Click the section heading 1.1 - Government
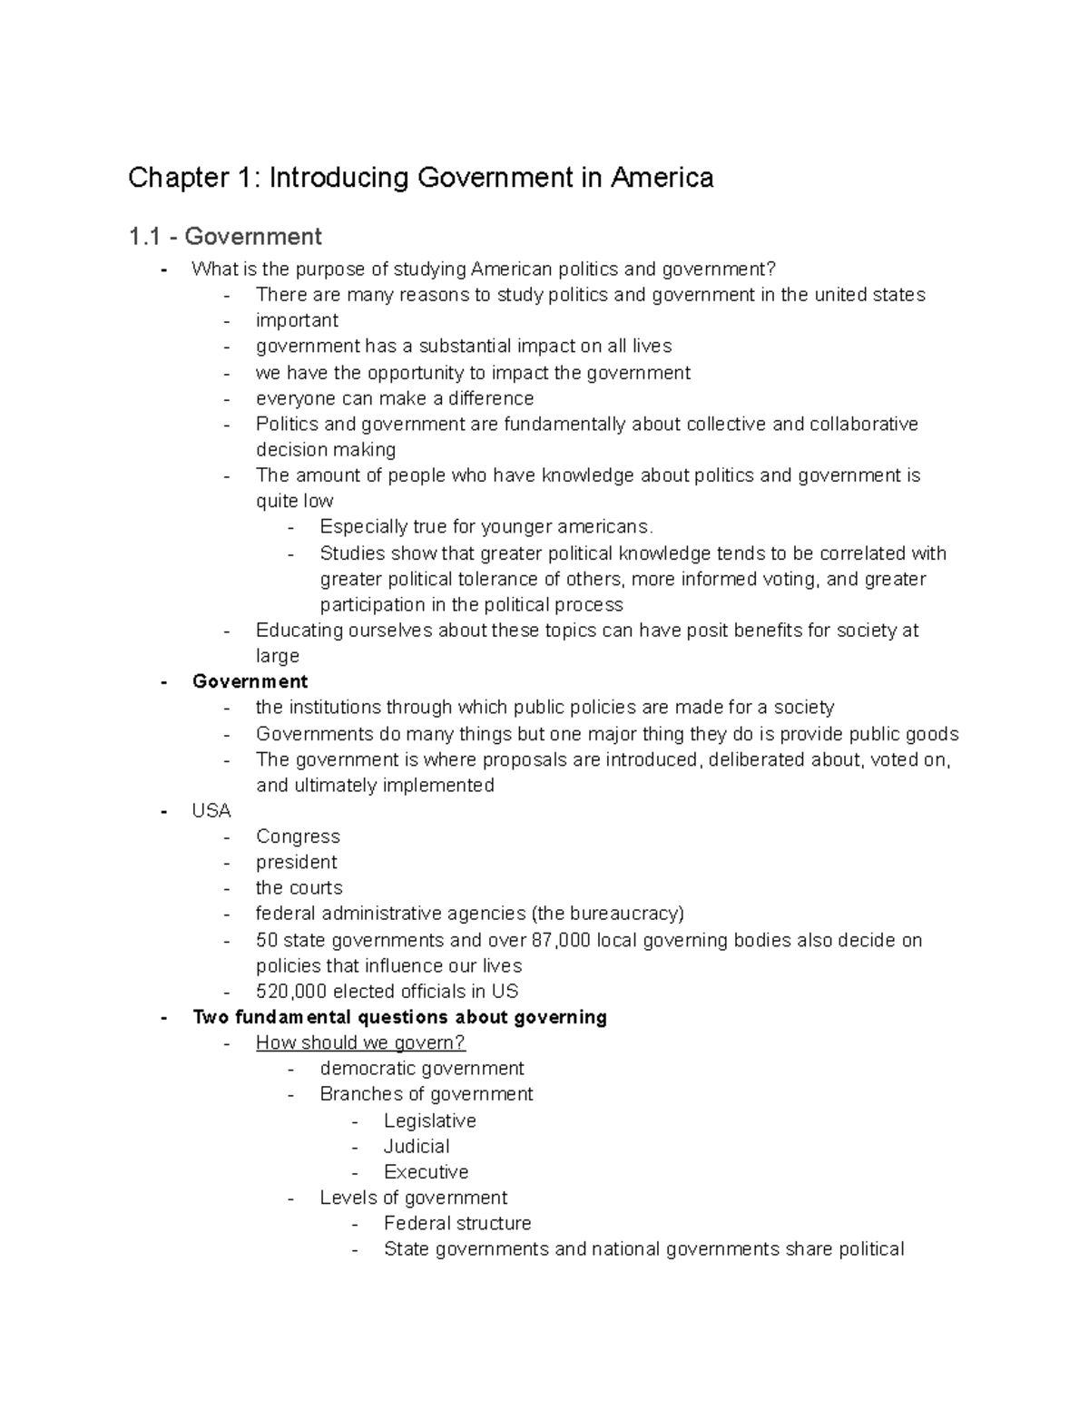[225, 237]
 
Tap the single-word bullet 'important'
[297, 320]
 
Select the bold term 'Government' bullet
[250, 681]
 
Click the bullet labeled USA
[211, 810]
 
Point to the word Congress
[298, 837]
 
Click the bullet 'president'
[296, 862]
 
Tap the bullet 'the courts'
[299, 887]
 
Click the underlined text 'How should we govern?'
[360, 1042]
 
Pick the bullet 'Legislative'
[429, 1120]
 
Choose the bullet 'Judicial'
[417, 1146]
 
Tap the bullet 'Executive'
[426, 1172]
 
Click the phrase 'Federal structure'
[457, 1223]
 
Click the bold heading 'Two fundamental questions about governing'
[399, 1017]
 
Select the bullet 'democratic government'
[422, 1069]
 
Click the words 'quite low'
[294, 501]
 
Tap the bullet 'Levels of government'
[413, 1198]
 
